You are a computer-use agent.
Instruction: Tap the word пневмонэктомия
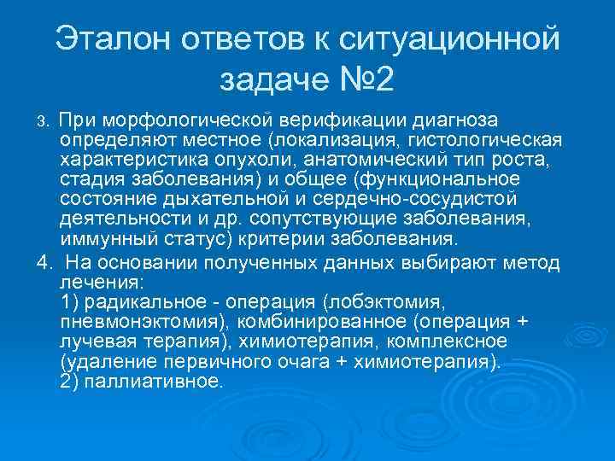pyautogui.click(x=142, y=322)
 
